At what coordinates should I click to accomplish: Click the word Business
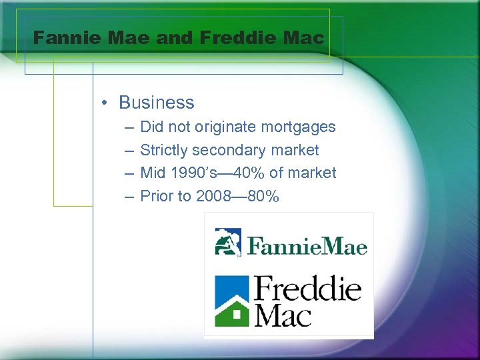pos(157,103)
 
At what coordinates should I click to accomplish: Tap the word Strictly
pos(164,150)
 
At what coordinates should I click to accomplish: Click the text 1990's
pos(193,173)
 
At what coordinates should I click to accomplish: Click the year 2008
pos(214,197)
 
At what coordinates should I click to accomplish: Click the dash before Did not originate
pos(127,127)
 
